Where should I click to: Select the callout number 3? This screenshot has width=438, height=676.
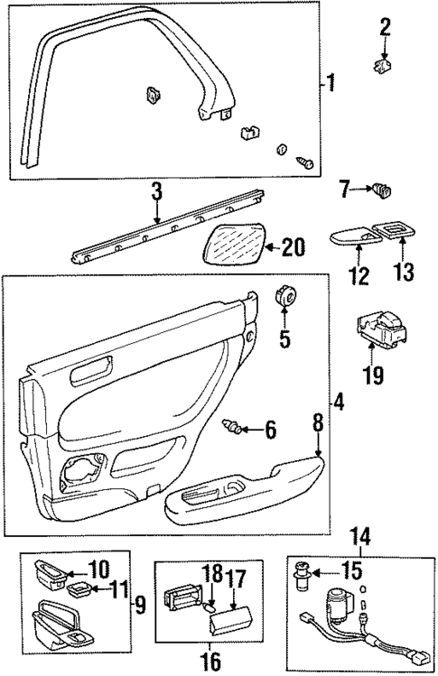click(156, 191)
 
